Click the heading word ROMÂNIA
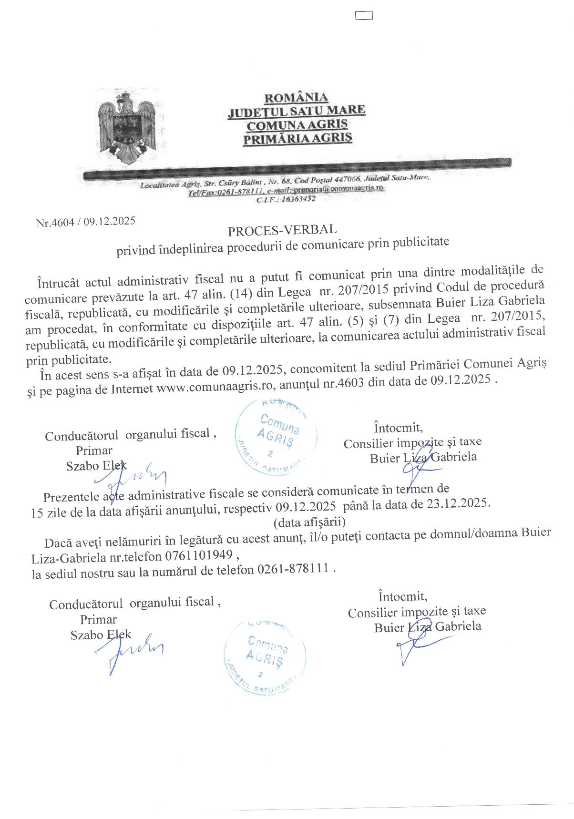(x=296, y=98)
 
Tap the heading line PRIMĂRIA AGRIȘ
(x=297, y=139)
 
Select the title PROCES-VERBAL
(x=282, y=230)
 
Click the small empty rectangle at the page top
(x=364, y=16)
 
